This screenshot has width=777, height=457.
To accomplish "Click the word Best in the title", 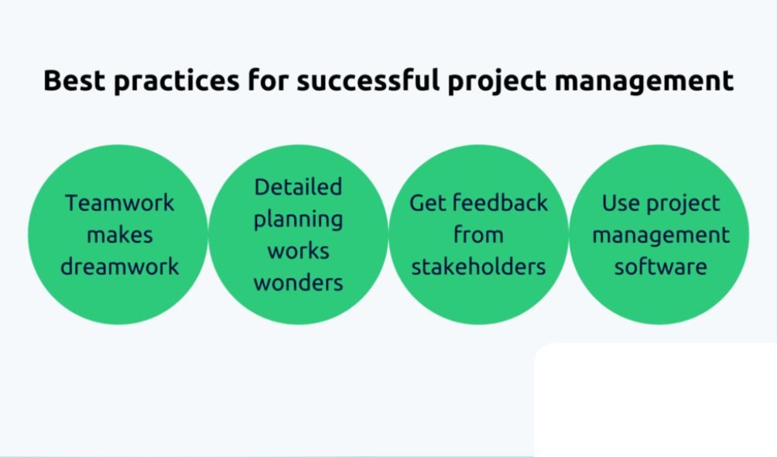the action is pos(74,80).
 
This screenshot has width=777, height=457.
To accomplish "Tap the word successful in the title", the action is pos(368,80).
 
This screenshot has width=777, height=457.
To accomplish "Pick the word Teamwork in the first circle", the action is pos(119,203).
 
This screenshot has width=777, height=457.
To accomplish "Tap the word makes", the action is pos(119,235).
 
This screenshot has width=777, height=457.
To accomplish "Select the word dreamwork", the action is pos(119,266).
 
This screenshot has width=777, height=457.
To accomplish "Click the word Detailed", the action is pos(298,187).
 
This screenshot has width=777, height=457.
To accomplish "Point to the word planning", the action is pos(298,220).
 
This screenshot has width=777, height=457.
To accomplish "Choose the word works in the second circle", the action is pos(298,251).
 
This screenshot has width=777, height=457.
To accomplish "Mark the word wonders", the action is pos(298,283).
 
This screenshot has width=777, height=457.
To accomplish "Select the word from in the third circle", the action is pos(479,235).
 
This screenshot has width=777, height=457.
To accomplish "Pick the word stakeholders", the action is pos(479,266).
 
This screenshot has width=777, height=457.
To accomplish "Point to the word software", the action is pos(661,266).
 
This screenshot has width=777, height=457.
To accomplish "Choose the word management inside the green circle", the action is pos(661,236).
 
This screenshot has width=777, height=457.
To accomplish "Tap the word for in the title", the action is pos(268,80).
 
